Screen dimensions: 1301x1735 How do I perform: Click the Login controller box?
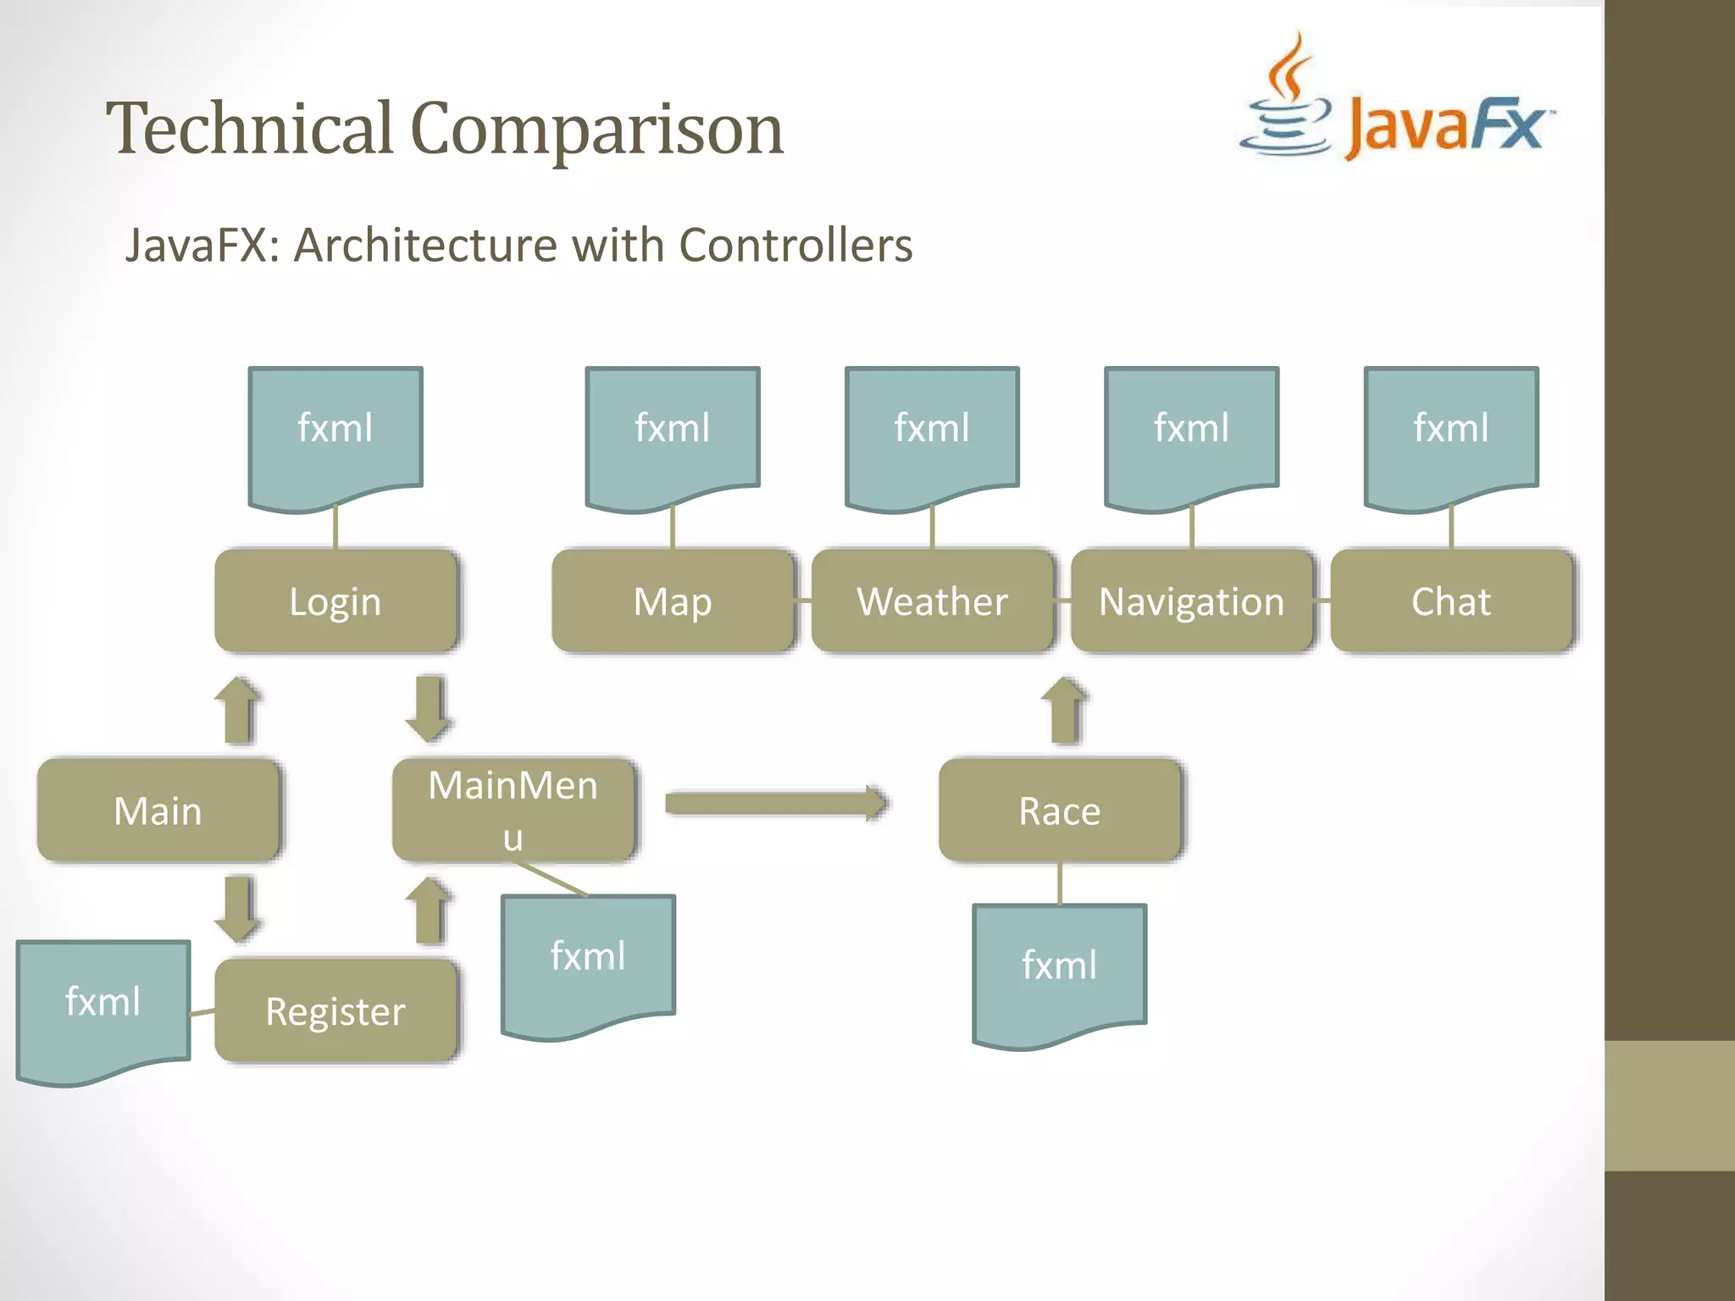(x=335, y=601)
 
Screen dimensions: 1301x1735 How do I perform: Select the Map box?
(x=673, y=601)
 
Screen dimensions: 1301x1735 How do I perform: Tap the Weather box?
(x=932, y=601)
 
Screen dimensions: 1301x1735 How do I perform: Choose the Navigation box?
(x=1191, y=601)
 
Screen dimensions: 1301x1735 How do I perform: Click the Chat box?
(x=1450, y=601)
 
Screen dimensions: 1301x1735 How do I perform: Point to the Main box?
(x=158, y=810)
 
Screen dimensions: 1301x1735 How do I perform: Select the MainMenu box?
(x=513, y=810)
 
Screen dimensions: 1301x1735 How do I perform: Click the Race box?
(x=1059, y=810)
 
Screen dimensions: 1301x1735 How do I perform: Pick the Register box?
(x=335, y=1010)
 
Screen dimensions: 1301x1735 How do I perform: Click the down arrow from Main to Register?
(x=238, y=909)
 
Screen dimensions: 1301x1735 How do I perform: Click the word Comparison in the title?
(x=596, y=129)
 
